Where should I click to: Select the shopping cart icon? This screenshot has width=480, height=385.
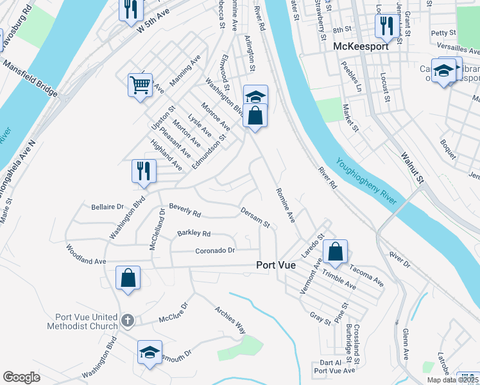(x=140, y=84)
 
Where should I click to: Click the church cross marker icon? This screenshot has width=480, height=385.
(x=128, y=320)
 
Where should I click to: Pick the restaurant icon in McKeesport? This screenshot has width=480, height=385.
(x=385, y=26)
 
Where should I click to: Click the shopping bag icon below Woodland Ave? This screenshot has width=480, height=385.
(x=128, y=278)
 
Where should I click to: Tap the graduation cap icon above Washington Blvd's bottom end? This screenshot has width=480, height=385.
(x=150, y=352)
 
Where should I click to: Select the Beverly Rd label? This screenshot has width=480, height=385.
(x=185, y=210)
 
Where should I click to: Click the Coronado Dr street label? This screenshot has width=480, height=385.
(x=216, y=250)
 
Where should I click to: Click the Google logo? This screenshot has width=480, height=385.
(x=21, y=377)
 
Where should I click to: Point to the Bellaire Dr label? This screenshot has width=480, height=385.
(x=103, y=207)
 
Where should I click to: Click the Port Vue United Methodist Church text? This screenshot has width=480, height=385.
(x=83, y=321)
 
